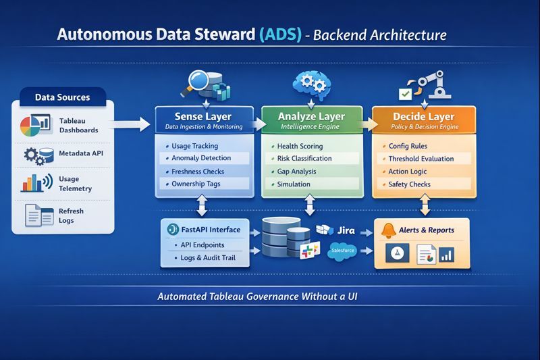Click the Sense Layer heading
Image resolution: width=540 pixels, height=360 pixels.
[203, 116]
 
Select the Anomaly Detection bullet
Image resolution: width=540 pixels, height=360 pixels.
[201, 158]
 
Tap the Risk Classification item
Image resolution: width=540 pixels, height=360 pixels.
[304, 158]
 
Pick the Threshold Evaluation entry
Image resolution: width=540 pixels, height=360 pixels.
[421, 159]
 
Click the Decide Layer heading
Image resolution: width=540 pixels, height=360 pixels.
[423, 116]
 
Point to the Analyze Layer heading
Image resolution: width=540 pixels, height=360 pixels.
[311, 116]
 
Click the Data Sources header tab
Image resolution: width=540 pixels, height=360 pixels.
[62, 97]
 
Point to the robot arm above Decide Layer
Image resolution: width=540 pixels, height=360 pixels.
[433, 84]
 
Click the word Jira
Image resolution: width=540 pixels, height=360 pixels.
[345, 230]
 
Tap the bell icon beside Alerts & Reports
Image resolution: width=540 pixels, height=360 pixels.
[388, 230]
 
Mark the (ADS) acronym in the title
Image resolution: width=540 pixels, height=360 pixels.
[279, 35]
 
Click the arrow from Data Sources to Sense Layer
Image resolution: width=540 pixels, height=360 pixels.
[128, 124]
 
